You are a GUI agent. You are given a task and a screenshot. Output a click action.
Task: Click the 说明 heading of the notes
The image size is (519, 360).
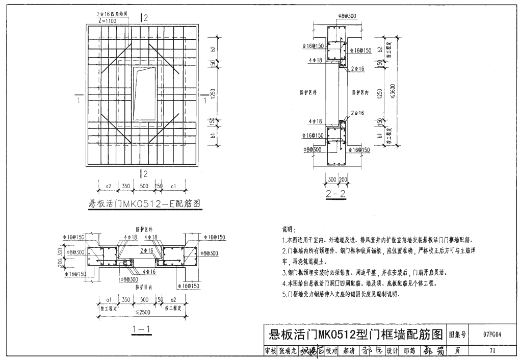pos(289,230)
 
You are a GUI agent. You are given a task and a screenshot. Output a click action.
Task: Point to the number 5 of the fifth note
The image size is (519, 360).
pos(283,294)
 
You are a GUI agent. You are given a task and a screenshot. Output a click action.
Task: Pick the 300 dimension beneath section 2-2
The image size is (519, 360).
pos(332,179)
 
